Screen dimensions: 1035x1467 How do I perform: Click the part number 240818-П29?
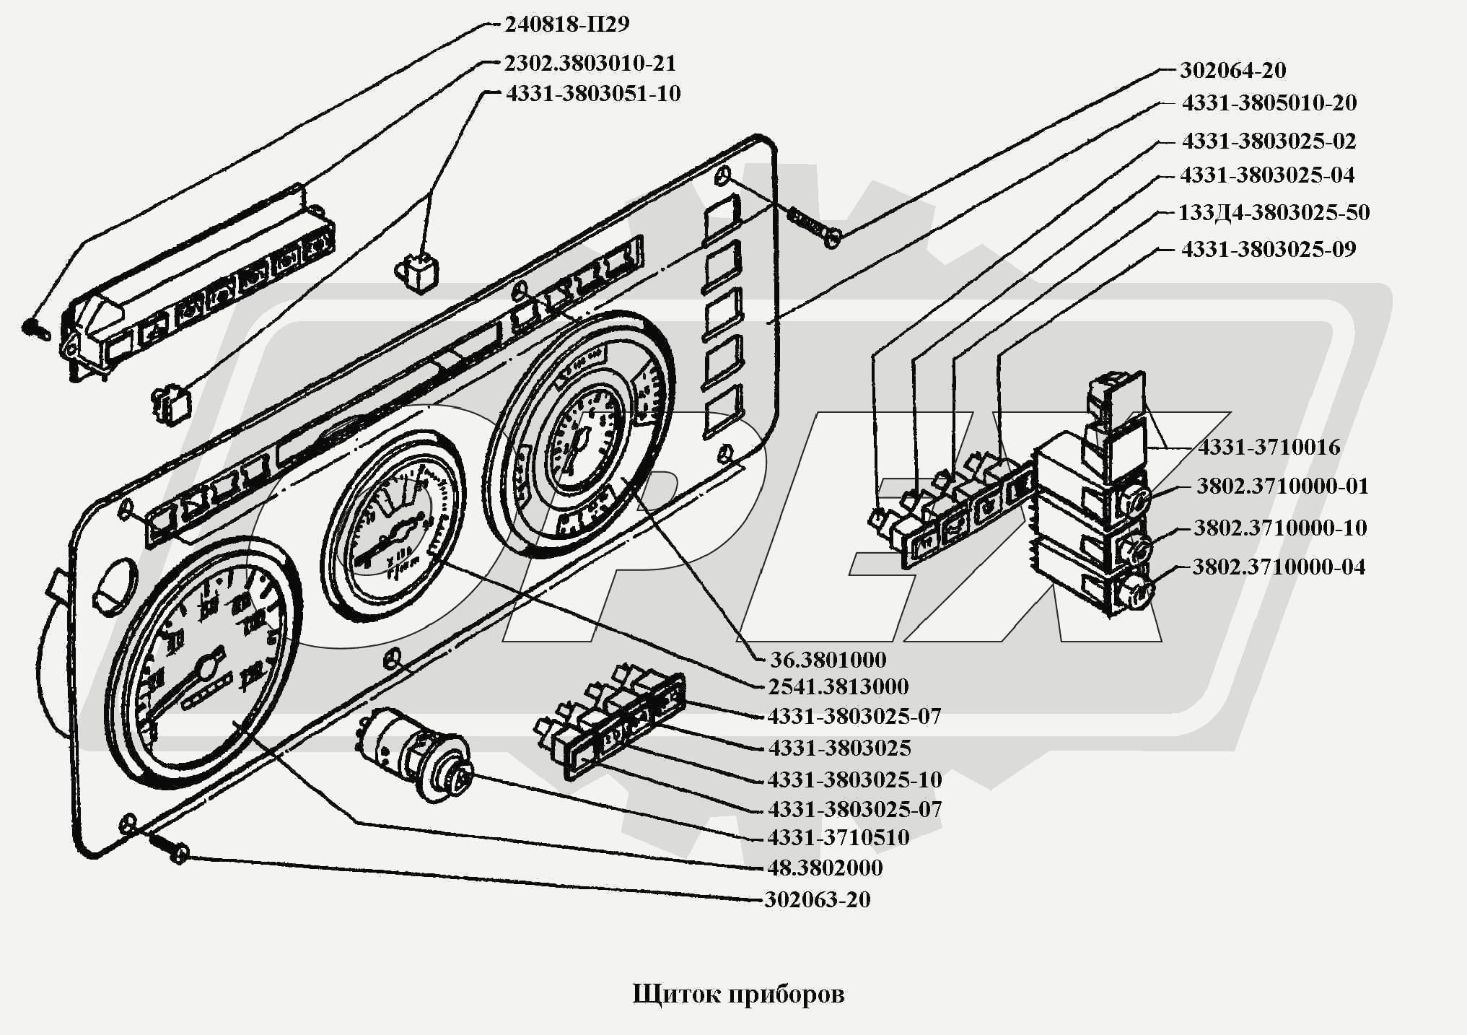tap(566, 25)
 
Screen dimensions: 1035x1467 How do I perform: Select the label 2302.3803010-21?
tap(590, 64)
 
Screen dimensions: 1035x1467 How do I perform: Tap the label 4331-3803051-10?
tap(592, 94)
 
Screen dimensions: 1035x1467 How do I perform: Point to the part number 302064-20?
tap(1232, 71)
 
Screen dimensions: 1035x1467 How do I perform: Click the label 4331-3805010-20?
tap(1269, 103)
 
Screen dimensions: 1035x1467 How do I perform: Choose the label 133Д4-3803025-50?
tap(1274, 213)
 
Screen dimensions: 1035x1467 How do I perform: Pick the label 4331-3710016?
tap(1269, 447)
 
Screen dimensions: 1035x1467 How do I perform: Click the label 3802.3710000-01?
tap(1282, 486)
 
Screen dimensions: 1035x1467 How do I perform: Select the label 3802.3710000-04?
tap(1279, 567)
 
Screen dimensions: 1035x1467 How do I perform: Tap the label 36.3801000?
tap(828, 660)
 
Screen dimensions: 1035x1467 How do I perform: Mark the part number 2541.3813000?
tap(838, 686)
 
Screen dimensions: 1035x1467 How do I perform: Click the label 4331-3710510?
tap(838, 838)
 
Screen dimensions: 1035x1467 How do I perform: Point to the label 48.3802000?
tap(825, 868)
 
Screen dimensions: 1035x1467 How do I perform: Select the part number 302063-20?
tap(817, 900)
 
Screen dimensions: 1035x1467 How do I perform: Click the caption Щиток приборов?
tap(737, 995)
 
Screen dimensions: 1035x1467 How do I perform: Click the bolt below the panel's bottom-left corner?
tap(167, 847)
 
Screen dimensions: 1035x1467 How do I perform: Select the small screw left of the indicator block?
tap(33, 328)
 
